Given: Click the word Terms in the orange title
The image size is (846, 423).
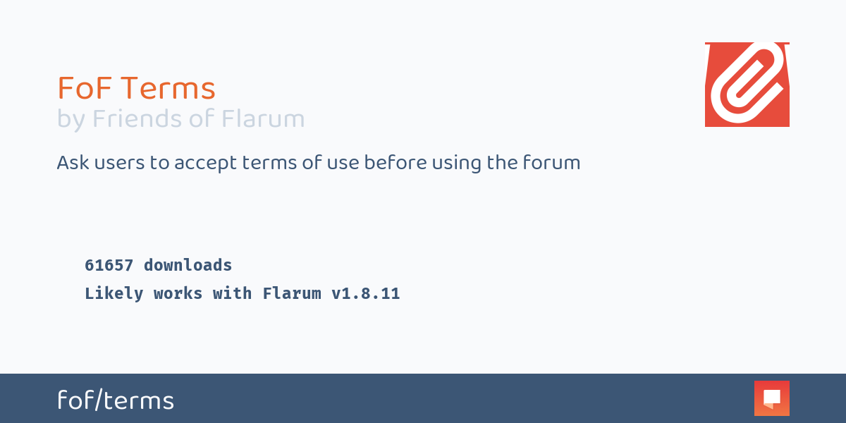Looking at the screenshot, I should pos(167,89).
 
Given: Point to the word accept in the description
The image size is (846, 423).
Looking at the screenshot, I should pos(204,164).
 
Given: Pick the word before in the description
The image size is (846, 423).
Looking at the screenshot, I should pos(392,163).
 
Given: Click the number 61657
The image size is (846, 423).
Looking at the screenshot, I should pos(109,265).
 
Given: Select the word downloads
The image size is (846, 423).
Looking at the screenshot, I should pos(188,265).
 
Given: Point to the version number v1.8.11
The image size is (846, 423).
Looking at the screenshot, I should pos(365,293).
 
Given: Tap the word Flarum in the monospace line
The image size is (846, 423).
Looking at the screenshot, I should pos(291,293).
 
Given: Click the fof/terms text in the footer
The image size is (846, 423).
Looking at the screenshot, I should pos(116,400).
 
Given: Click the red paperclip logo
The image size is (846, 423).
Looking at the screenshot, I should pos(747,85).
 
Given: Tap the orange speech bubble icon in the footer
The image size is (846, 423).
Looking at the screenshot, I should pos(771,398).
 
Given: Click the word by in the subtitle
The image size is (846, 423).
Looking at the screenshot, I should pos(70,120).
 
